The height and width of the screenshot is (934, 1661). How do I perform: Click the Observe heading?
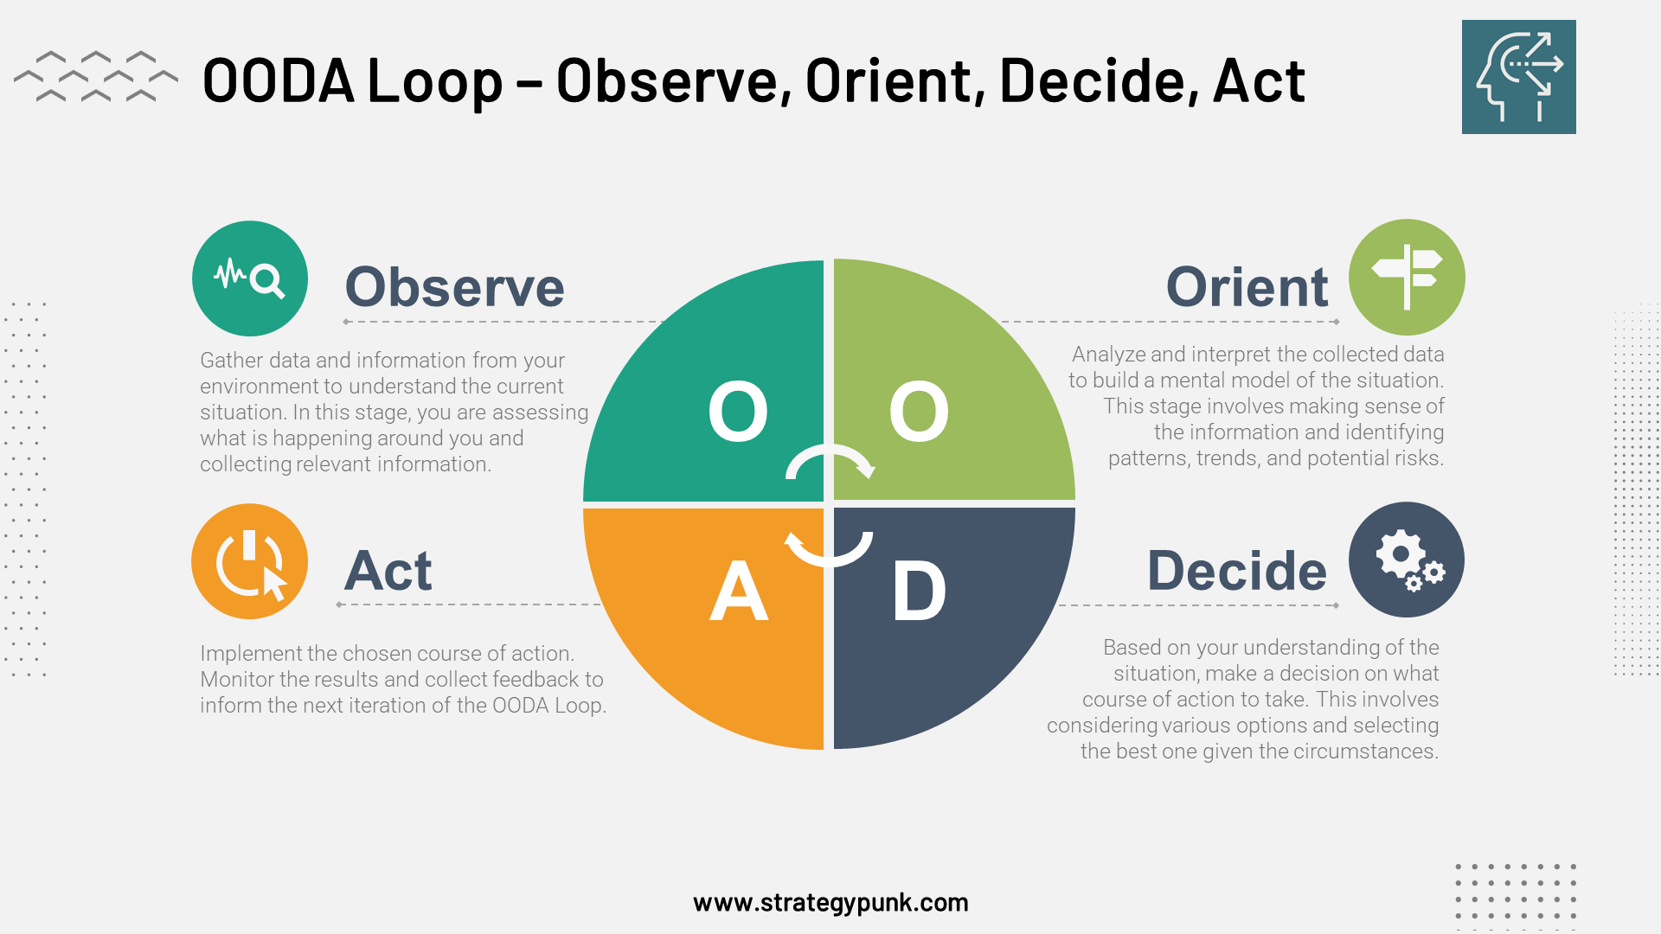pos(454,287)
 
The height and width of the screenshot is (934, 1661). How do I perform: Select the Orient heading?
pos(1247,287)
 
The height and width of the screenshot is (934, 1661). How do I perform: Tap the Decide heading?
pos(1236,571)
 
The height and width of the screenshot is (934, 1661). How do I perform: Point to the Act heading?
pos(388,571)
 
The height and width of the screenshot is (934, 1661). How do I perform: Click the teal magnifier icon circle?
pos(250,278)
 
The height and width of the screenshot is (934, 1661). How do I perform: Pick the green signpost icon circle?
pos(1407,278)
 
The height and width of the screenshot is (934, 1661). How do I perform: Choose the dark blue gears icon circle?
pos(1407,560)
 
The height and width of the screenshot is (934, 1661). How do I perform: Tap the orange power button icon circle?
pos(250,561)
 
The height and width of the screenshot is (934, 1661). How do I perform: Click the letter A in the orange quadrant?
pos(738,592)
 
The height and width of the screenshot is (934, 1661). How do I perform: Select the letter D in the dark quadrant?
pos(919,592)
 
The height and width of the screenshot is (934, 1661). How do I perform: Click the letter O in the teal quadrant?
pos(738,413)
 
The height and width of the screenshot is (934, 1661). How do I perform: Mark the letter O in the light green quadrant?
pos(919,413)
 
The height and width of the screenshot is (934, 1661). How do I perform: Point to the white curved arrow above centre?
pos(830,461)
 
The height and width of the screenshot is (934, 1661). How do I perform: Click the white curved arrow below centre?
pos(828,550)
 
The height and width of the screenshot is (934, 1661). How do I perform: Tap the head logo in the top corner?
pos(1518,77)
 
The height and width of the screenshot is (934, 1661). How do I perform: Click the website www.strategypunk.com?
pos(830,903)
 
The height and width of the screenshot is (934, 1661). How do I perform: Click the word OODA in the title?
pos(279,81)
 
